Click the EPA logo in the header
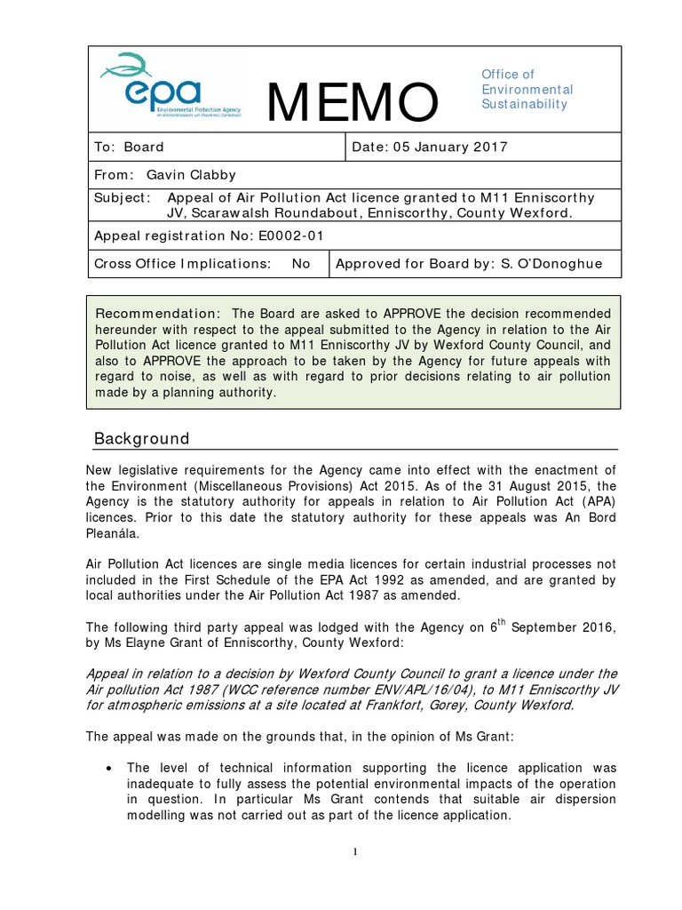172,87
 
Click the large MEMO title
353,101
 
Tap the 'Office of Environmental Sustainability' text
527,90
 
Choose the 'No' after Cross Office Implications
301,264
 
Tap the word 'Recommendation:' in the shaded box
157,314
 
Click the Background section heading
141,439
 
